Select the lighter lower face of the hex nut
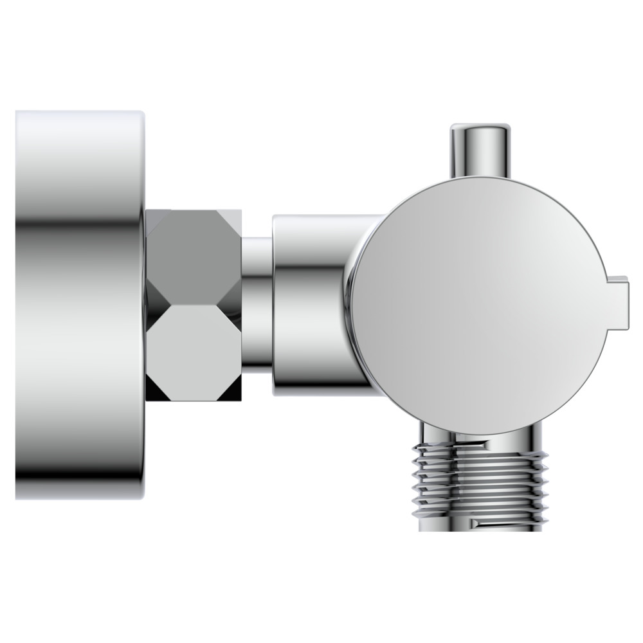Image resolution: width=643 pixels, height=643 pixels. [193, 350]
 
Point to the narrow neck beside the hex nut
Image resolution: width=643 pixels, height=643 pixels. [257, 302]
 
